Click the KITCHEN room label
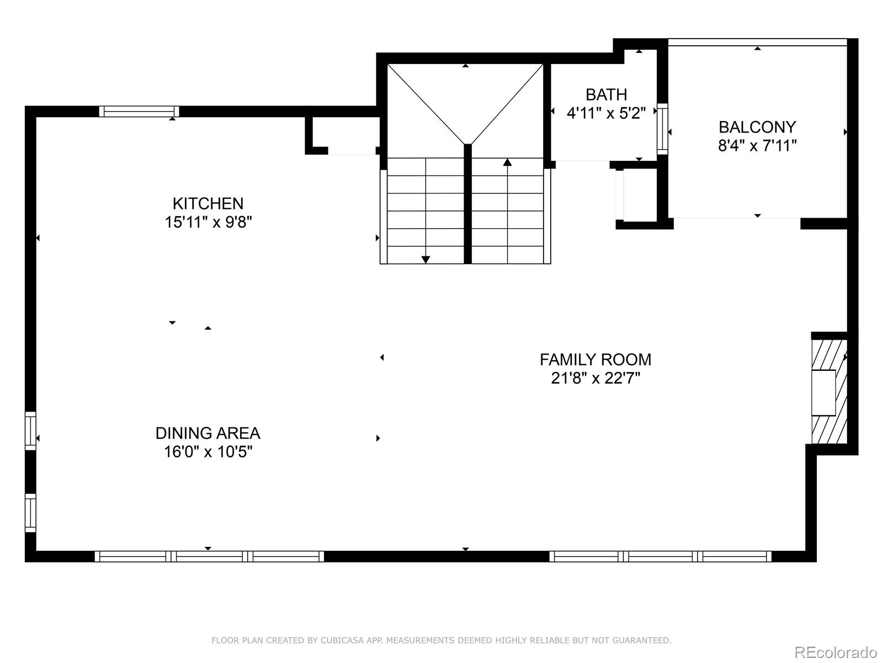(208, 203)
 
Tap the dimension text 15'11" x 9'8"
(208, 222)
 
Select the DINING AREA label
(208, 433)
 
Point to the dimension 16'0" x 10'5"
(208, 452)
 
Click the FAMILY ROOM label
(595, 360)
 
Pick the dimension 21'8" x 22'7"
(595, 378)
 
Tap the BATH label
(606, 94)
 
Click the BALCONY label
(757, 127)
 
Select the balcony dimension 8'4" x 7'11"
(757, 146)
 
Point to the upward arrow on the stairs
(507, 162)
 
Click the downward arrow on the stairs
(425, 259)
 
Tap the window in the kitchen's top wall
(139, 112)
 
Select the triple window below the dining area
(209, 556)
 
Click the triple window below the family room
(661, 556)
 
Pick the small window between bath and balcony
(662, 128)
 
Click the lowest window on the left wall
(30, 513)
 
